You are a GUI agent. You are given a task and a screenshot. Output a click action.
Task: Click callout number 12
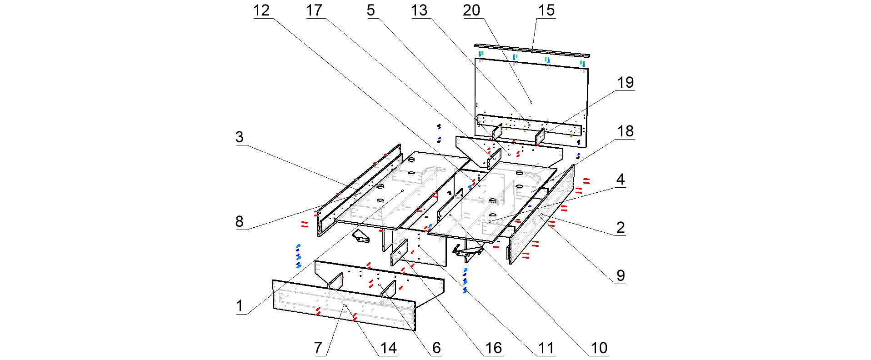pos(261,10)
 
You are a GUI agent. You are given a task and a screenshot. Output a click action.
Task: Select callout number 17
pos(314,10)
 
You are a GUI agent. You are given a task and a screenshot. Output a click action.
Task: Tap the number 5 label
pos(371,10)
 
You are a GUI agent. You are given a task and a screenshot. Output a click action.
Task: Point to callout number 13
pos(419,10)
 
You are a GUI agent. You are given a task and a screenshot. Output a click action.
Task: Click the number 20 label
pos(471,10)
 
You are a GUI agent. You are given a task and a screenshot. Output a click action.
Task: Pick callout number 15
pos(546,10)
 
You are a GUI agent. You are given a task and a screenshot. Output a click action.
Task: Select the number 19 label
pos(625,83)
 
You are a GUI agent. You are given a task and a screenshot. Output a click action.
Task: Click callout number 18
pos(625,131)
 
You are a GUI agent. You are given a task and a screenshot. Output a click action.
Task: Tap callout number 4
pos(621,180)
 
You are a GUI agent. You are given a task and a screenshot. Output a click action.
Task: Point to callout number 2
pos(621,228)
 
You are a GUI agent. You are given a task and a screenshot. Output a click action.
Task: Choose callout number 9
pos(621,275)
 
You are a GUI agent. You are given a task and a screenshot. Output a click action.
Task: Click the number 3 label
pos(240,137)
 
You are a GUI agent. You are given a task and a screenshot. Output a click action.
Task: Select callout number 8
pos(240,222)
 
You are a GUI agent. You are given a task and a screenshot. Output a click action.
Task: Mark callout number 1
pos(240,306)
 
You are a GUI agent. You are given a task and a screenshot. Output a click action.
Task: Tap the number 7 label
pos(318,348)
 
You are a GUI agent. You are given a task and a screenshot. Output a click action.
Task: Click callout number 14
pos(388,348)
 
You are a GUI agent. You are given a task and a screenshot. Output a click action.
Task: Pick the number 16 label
pos(493,348)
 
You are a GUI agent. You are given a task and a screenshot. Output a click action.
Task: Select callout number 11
pos(546,348)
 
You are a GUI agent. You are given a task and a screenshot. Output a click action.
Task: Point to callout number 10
pos(599,348)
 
